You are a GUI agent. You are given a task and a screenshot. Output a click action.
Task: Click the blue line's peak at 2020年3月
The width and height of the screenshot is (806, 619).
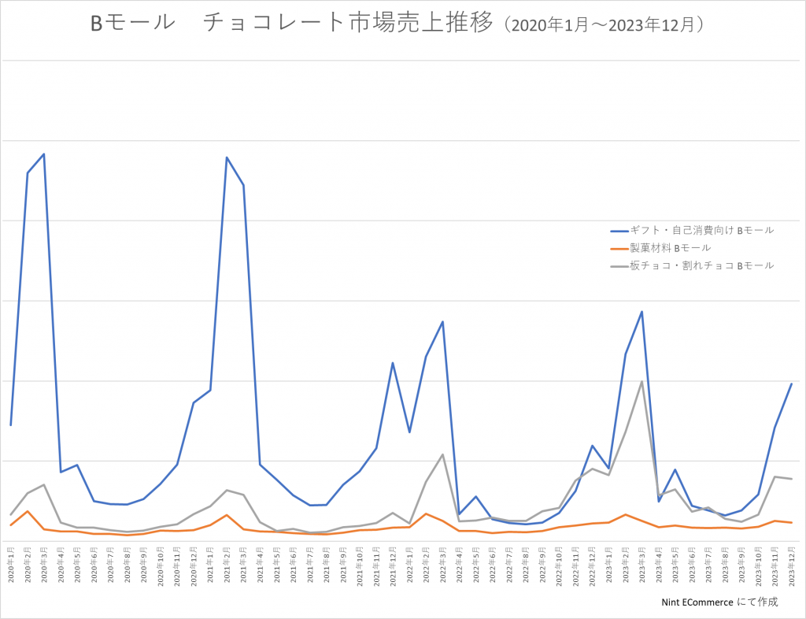pos(44,154)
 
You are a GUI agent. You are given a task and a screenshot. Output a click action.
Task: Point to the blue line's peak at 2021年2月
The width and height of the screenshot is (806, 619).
pos(227,158)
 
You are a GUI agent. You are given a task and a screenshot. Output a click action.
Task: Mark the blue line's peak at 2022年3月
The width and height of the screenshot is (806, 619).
pos(443,322)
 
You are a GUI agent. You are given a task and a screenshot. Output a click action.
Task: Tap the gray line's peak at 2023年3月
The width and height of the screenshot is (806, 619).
pos(642,382)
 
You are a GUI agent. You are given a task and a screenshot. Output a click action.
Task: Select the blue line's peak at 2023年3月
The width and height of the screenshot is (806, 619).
pos(642,312)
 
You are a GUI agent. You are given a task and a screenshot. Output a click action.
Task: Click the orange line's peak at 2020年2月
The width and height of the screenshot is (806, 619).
pos(28,511)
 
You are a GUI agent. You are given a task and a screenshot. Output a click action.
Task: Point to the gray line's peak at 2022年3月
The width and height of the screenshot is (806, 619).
pos(443,454)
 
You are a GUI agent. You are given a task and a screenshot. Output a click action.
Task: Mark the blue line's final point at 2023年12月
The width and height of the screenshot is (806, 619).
pos(791,384)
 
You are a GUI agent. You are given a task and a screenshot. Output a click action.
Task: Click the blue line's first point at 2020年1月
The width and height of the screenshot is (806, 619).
pos(10,425)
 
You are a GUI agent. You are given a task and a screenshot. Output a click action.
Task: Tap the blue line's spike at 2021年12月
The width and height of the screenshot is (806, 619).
pos(393,363)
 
